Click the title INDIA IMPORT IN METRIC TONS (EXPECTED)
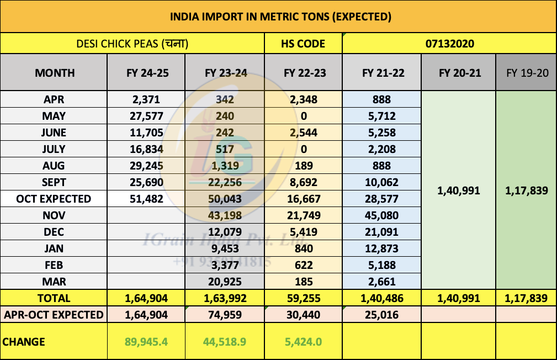tap(280, 17)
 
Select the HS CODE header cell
tap(304, 44)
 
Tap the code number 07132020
tap(449, 44)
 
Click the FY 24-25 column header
tap(146, 73)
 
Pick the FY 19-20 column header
tap(526, 73)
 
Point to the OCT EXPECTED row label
tap(54, 199)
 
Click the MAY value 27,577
tap(146, 116)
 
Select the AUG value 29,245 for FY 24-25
tap(146, 166)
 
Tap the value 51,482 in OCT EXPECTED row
tap(146, 199)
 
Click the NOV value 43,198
tap(225, 215)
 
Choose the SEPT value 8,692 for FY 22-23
tap(303, 182)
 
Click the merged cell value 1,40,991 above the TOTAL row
tap(458, 191)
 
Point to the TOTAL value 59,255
tap(303, 298)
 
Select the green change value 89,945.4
tap(146, 342)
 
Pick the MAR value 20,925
tap(225, 282)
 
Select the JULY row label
tap(54, 149)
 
